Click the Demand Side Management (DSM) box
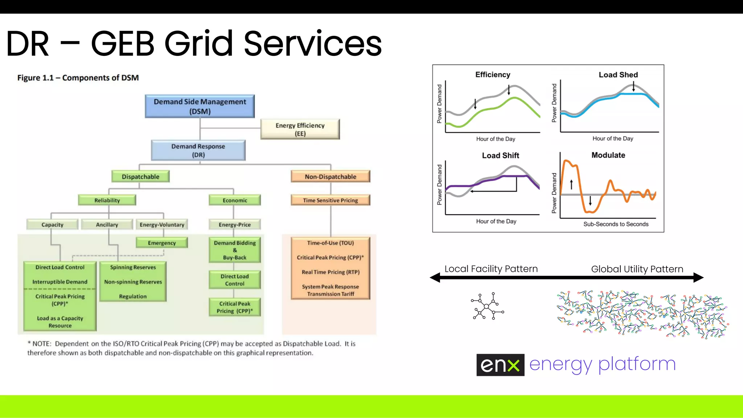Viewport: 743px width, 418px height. click(x=200, y=106)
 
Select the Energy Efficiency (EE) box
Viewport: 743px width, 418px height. click(x=300, y=129)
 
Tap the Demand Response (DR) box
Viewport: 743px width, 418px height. click(x=198, y=151)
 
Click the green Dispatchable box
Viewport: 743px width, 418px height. click(x=140, y=177)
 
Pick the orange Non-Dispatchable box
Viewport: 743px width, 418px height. click(x=330, y=177)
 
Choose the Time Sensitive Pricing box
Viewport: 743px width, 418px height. click(x=330, y=200)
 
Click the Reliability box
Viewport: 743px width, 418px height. click(x=107, y=200)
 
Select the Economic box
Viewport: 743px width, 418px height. click(x=235, y=200)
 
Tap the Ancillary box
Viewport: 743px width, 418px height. click(x=107, y=225)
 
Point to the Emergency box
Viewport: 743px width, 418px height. click(x=162, y=243)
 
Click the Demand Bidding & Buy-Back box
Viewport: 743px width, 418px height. click(x=235, y=250)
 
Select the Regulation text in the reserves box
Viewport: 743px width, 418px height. click(x=133, y=296)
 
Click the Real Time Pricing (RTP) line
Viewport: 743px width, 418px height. click(x=330, y=272)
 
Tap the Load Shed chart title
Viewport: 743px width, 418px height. click(x=618, y=75)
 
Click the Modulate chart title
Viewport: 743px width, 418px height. click(x=608, y=155)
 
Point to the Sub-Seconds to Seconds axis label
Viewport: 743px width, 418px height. click(x=616, y=224)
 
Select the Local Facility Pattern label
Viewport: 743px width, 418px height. click(x=491, y=269)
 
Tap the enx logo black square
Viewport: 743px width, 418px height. click(x=500, y=365)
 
